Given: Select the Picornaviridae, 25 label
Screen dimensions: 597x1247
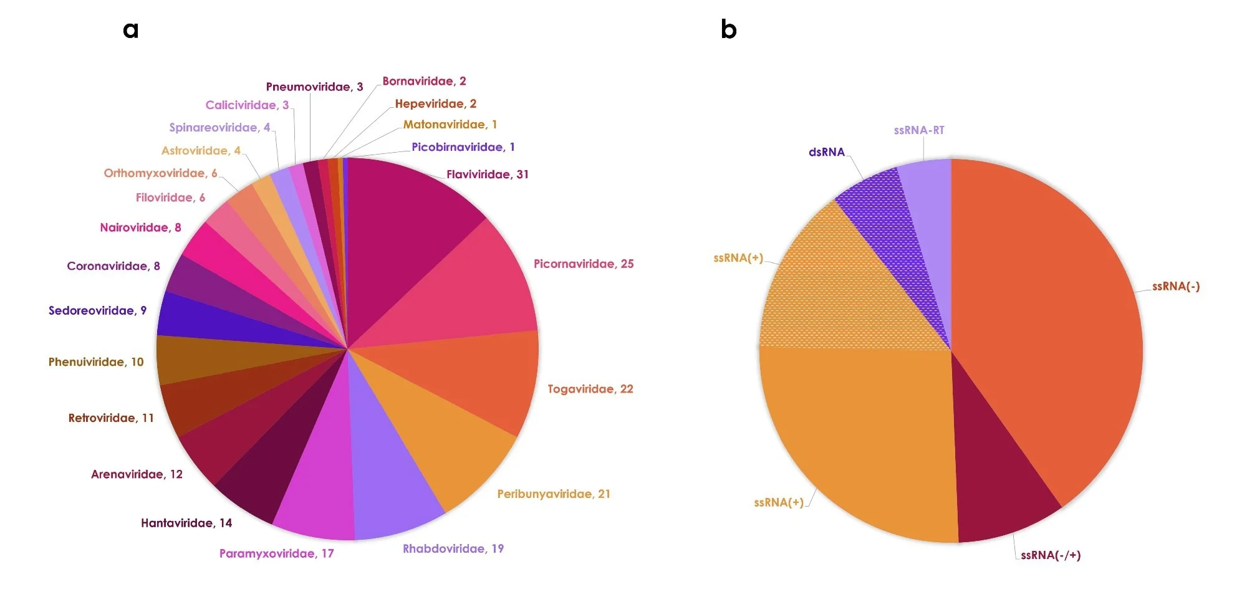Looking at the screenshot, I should coord(583,264).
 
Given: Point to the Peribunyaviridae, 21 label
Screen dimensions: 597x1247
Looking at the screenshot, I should coord(553,494).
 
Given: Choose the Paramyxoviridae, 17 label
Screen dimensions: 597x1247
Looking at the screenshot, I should coord(276,553).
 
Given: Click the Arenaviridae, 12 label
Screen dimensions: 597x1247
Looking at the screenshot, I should coord(137,474).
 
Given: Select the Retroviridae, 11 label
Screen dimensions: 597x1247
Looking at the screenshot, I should coord(111,418).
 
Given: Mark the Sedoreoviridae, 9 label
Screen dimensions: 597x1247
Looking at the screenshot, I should coord(97,310).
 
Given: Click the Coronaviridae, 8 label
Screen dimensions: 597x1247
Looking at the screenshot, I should coord(113,266).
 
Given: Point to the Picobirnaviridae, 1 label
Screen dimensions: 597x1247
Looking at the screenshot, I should coord(463,147).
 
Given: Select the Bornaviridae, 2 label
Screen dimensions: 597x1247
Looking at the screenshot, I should coord(424,81).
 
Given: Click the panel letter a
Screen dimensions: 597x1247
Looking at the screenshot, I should coord(130,29).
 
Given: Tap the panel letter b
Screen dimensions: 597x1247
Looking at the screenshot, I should coord(728,29).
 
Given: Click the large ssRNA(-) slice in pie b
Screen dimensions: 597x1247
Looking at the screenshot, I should coord(1054,312).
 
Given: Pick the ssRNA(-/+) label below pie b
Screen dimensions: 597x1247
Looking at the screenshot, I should coord(1050,555).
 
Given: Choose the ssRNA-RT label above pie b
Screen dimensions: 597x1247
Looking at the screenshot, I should coord(918,130).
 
